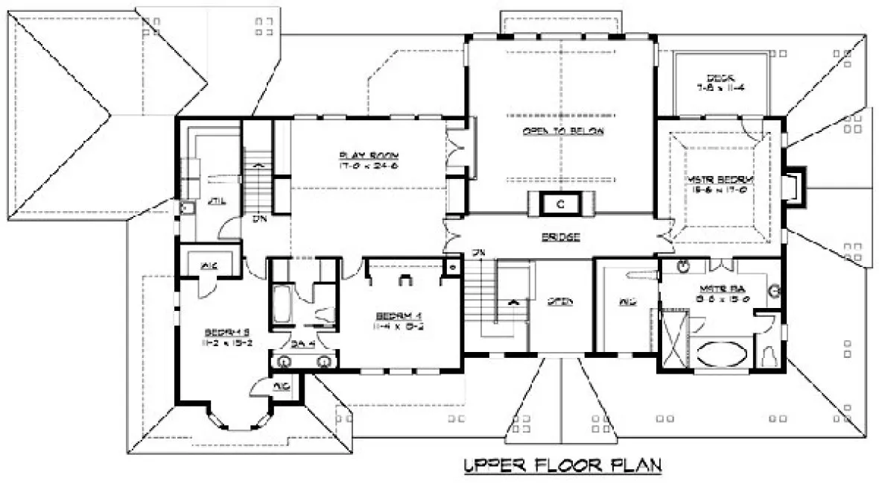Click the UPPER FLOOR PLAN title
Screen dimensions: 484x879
pyautogui.click(x=562, y=466)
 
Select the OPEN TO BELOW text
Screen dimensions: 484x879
pyautogui.click(x=562, y=131)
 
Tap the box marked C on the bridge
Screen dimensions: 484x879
pyautogui.click(x=560, y=203)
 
